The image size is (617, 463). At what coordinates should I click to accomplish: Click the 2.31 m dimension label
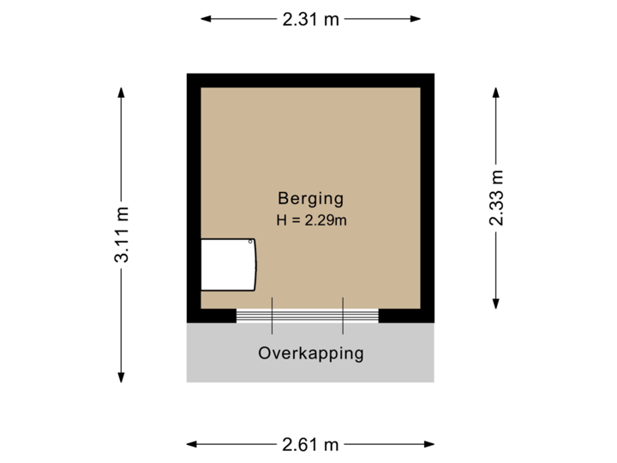(x=309, y=19)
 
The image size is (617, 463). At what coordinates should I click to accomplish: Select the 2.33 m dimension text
(x=496, y=196)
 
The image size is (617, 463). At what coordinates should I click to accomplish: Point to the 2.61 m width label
(x=309, y=444)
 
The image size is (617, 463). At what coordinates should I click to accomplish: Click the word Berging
(x=310, y=198)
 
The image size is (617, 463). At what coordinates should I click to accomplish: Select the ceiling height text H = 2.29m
(x=310, y=220)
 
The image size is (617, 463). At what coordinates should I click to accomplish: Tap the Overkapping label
(x=310, y=352)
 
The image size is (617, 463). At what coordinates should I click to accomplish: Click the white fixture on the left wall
(x=228, y=266)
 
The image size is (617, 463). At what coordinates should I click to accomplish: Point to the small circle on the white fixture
(x=251, y=244)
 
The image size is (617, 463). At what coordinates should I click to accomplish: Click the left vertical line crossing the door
(x=273, y=316)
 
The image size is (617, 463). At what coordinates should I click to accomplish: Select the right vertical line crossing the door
(x=343, y=316)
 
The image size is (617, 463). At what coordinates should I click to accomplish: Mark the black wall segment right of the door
(x=405, y=316)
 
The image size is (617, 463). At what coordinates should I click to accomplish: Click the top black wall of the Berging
(x=310, y=80)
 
